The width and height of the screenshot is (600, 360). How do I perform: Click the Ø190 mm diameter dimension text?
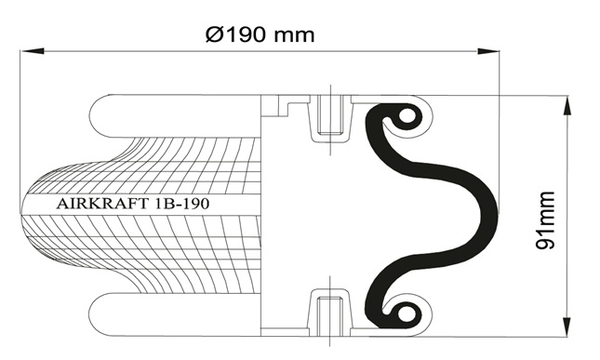coord(260,34)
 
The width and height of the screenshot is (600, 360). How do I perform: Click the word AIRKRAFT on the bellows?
coord(101,204)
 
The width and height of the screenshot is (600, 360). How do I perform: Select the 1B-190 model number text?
coord(180,204)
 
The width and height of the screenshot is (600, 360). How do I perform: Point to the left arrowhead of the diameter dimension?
coord(33,51)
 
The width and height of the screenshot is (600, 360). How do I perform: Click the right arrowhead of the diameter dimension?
coord(488,51)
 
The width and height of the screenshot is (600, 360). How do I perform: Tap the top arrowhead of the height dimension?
coord(567,106)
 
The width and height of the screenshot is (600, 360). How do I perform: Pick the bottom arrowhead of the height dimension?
coord(567,327)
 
